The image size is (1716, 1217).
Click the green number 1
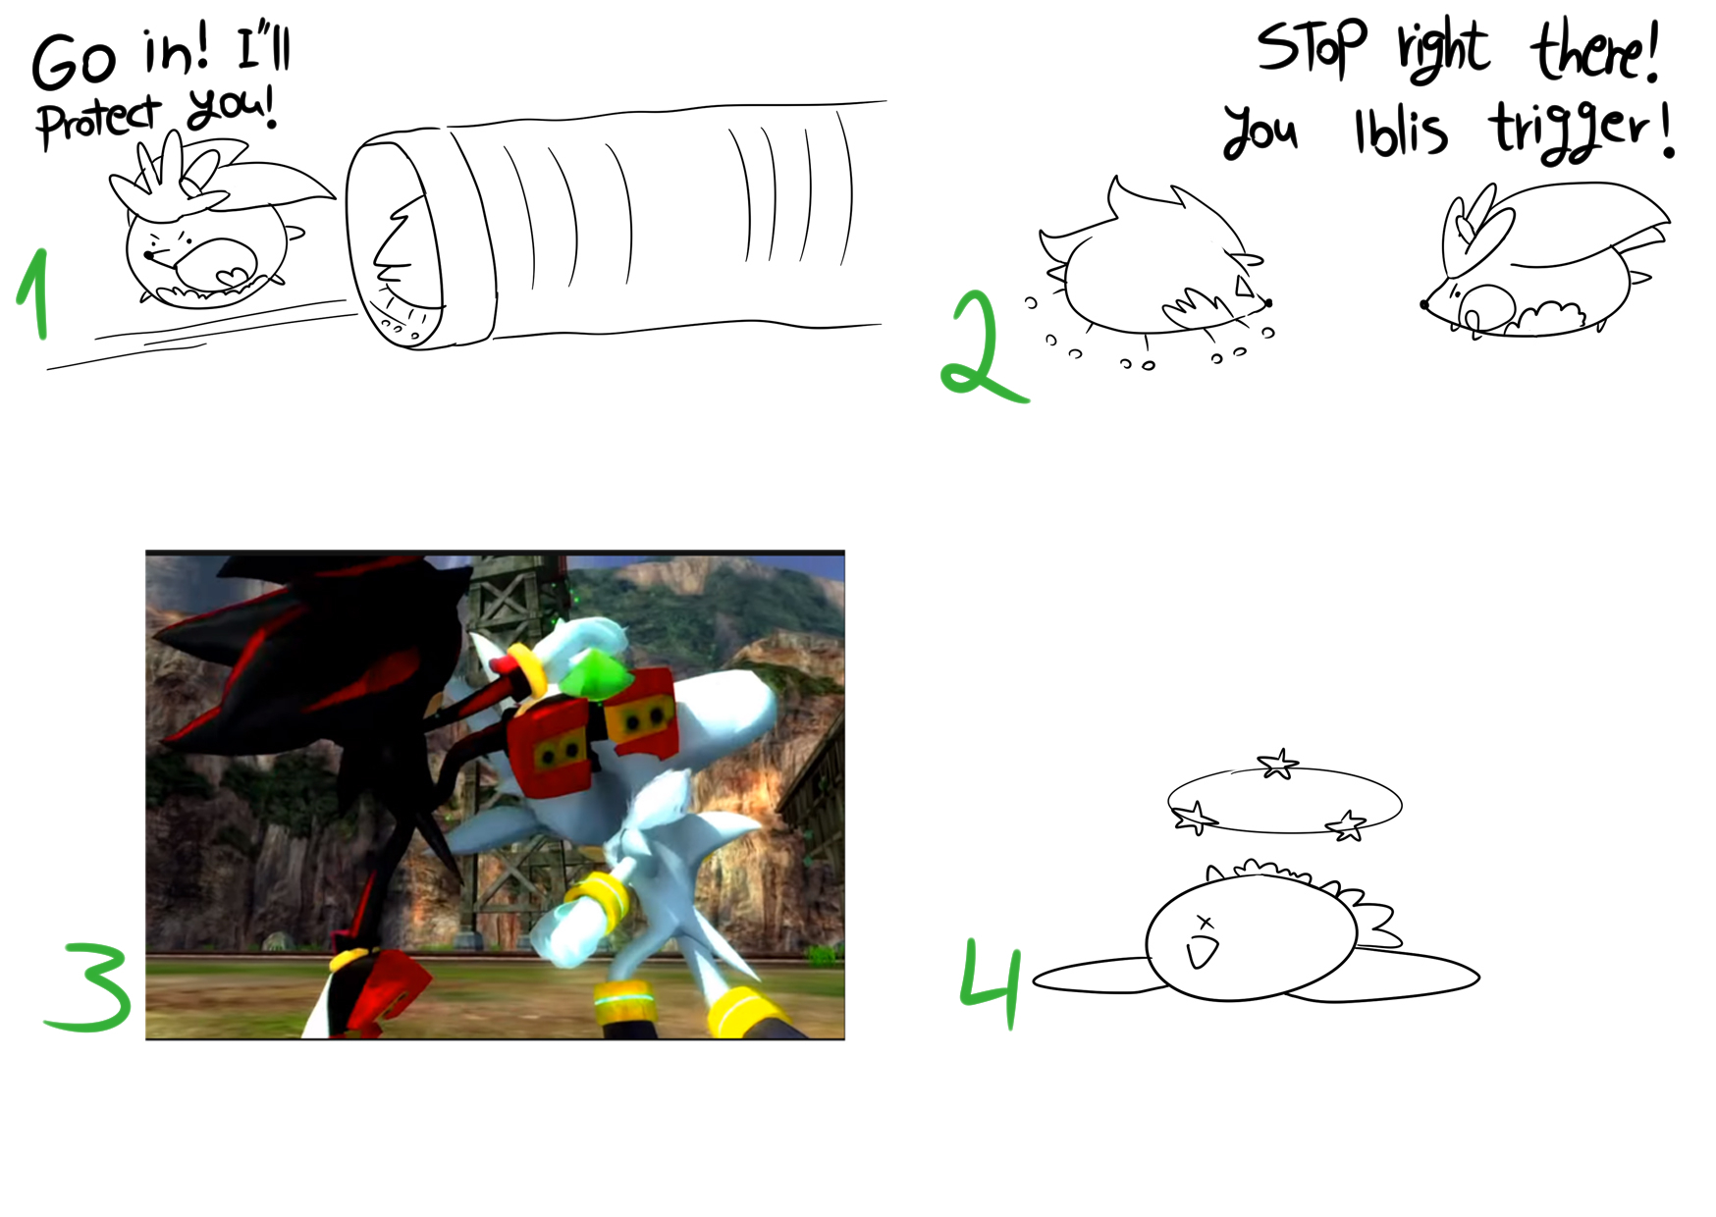click(x=35, y=294)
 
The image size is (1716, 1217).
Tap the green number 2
click(x=982, y=348)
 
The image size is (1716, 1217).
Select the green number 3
click(x=90, y=986)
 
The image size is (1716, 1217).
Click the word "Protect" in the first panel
click(x=98, y=122)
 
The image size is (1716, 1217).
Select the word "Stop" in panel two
click(x=1312, y=47)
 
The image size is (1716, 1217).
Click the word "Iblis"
click(x=1401, y=132)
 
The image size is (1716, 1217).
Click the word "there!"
click(x=1596, y=51)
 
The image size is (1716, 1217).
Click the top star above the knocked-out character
click(x=1278, y=764)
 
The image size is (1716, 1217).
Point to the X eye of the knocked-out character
click(x=1206, y=923)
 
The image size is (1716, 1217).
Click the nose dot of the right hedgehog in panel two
click(x=1424, y=304)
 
